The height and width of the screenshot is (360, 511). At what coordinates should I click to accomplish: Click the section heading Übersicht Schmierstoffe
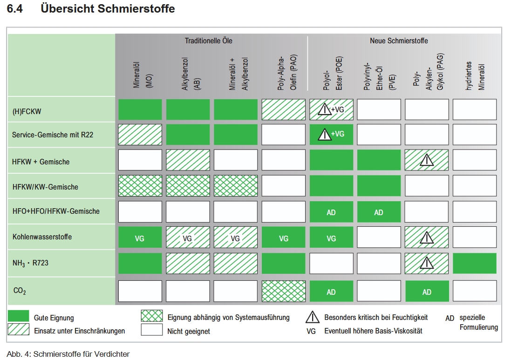coord(108,8)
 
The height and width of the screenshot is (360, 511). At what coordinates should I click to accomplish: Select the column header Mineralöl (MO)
coord(143,75)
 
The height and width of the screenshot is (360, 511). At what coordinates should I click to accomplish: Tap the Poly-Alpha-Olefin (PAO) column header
coord(287,72)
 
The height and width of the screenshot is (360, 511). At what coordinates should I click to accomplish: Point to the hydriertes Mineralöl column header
coord(475,76)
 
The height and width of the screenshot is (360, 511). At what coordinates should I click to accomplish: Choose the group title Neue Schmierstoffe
coord(399,41)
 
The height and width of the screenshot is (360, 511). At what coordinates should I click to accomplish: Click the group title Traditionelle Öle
coord(209,41)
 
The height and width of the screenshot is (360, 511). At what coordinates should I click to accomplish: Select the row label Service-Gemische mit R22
coord(53,135)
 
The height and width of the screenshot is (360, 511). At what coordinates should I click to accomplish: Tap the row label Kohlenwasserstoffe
coord(42,237)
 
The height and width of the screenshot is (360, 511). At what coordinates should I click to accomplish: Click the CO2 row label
coord(20,291)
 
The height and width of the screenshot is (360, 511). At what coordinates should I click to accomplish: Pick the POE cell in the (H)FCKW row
coord(331,109)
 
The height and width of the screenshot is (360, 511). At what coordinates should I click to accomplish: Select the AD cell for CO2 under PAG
coord(427,291)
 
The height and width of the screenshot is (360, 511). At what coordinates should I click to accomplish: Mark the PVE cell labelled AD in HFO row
coord(379,212)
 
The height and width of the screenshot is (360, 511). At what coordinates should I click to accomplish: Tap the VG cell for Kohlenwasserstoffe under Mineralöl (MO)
coord(140,238)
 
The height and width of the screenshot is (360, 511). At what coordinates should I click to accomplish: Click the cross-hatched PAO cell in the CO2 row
coord(284,291)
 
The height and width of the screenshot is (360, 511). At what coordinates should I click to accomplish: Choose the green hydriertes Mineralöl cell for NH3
coord(475,263)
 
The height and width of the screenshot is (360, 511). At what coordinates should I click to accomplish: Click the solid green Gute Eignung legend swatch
coord(18,316)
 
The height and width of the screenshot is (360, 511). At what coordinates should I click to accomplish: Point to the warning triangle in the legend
coord(312,317)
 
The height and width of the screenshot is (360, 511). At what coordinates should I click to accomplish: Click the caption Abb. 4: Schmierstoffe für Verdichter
coord(68,354)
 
